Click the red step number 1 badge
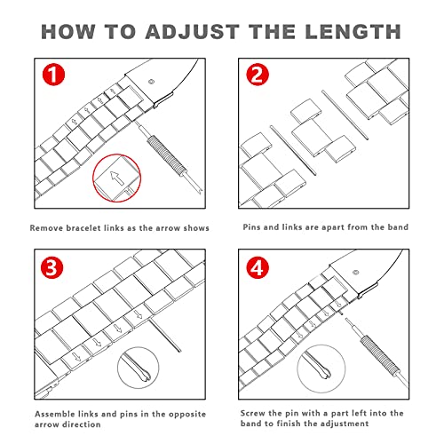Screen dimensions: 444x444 (53, 75)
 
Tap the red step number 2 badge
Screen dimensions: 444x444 (258, 75)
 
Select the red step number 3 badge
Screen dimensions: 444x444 (52, 267)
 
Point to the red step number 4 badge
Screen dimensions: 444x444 (258, 267)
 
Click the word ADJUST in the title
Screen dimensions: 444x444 (192, 32)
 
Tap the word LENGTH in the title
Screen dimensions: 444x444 (353, 31)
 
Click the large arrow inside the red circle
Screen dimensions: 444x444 (116, 178)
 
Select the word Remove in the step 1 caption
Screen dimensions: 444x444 (46, 228)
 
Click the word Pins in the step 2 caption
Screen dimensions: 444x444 (252, 227)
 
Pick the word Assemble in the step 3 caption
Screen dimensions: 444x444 (55, 414)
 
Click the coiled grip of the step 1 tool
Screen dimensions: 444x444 (167, 155)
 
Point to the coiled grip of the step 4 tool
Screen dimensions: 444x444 (379, 356)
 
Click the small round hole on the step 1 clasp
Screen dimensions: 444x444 (152, 82)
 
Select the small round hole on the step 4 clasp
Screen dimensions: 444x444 (356, 273)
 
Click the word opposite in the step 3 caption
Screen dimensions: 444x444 (187, 414)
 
